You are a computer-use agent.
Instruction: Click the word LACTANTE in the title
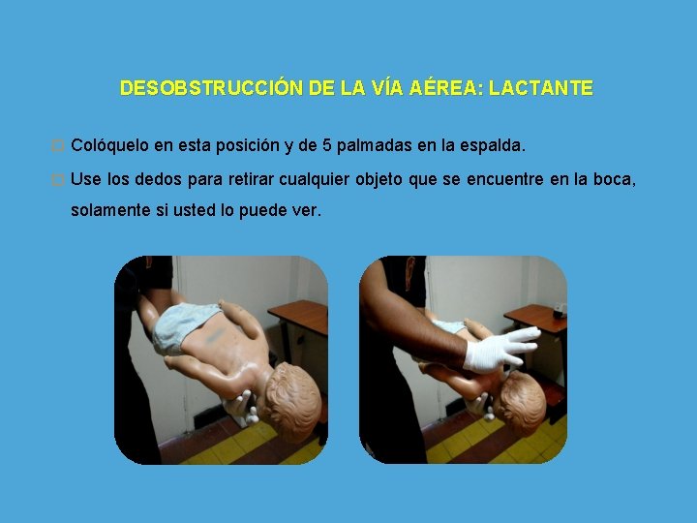tap(541, 88)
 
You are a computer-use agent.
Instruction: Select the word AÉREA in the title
tap(446, 87)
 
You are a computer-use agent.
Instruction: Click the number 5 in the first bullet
tap(327, 145)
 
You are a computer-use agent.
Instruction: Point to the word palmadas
tap(375, 146)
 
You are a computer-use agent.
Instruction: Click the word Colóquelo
tap(109, 145)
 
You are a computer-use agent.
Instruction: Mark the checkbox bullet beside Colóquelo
tap(58, 145)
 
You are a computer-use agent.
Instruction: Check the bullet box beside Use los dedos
tap(58, 180)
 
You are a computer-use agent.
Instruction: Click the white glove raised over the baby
tap(501, 349)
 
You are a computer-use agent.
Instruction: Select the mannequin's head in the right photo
tap(521, 403)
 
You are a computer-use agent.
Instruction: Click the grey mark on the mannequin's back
tap(215, 334)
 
